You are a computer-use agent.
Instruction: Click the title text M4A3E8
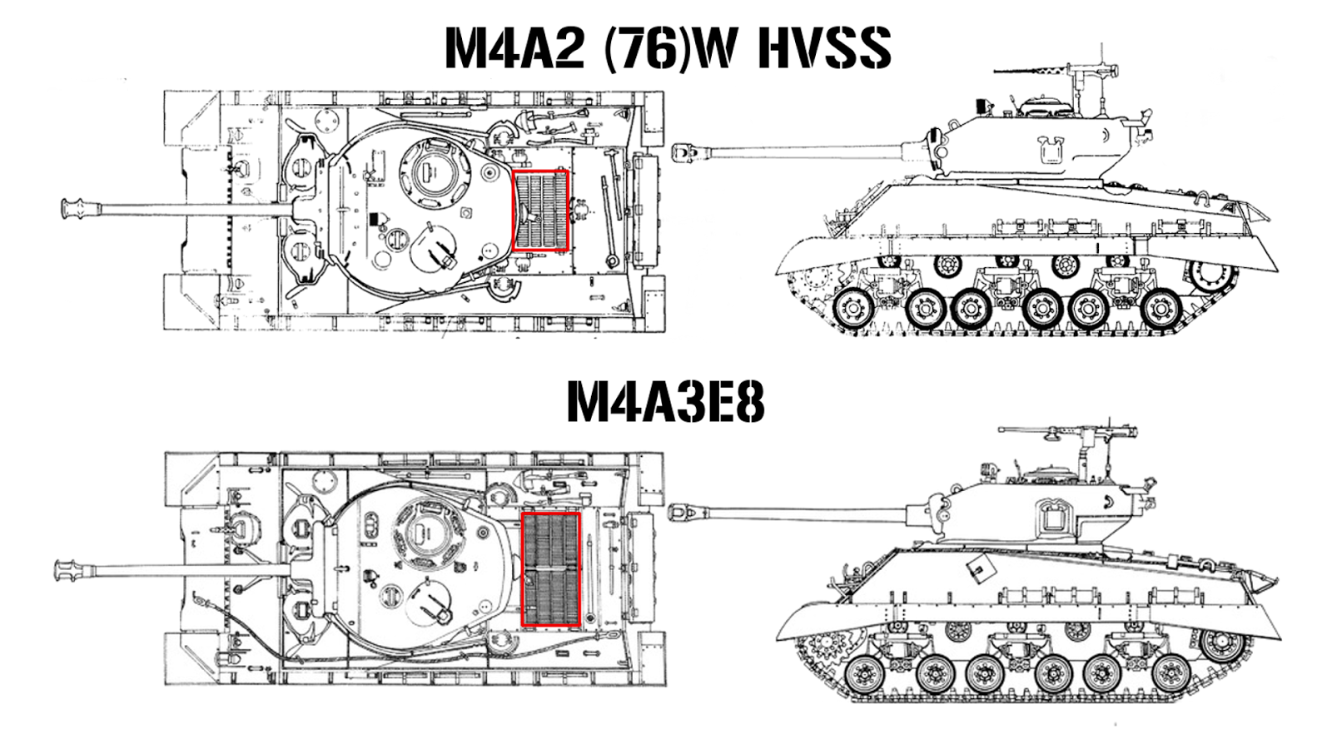tap(665, 403)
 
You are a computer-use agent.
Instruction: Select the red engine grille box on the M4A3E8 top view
tap(550, 568)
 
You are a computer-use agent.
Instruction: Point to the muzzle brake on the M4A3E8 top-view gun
tap(67, 571)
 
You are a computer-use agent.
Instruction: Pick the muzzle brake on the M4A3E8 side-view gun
tap(681, 510)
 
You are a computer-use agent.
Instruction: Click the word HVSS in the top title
tap(824, 47)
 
